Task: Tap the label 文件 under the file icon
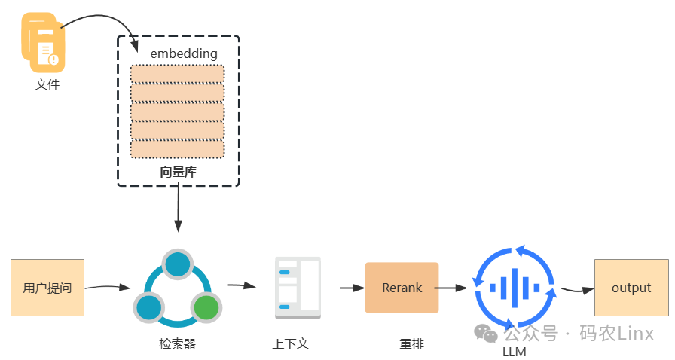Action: (x=47, y=84)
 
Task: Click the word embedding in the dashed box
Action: (x=184, y=53)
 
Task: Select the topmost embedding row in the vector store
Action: (x=177, y=74)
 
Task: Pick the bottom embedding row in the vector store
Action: (x=177, y=149)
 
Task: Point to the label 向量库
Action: (x=178, y=172)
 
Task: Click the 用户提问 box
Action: (x=47, y=288)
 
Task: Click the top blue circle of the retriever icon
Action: (x=177, y=264)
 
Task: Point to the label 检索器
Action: (x=178, y=344)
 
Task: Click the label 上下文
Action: (x=291, y=344)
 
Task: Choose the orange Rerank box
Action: (x=402, y=288)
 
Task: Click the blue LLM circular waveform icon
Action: (x=515, y=287)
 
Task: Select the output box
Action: (x=631, y=288)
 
